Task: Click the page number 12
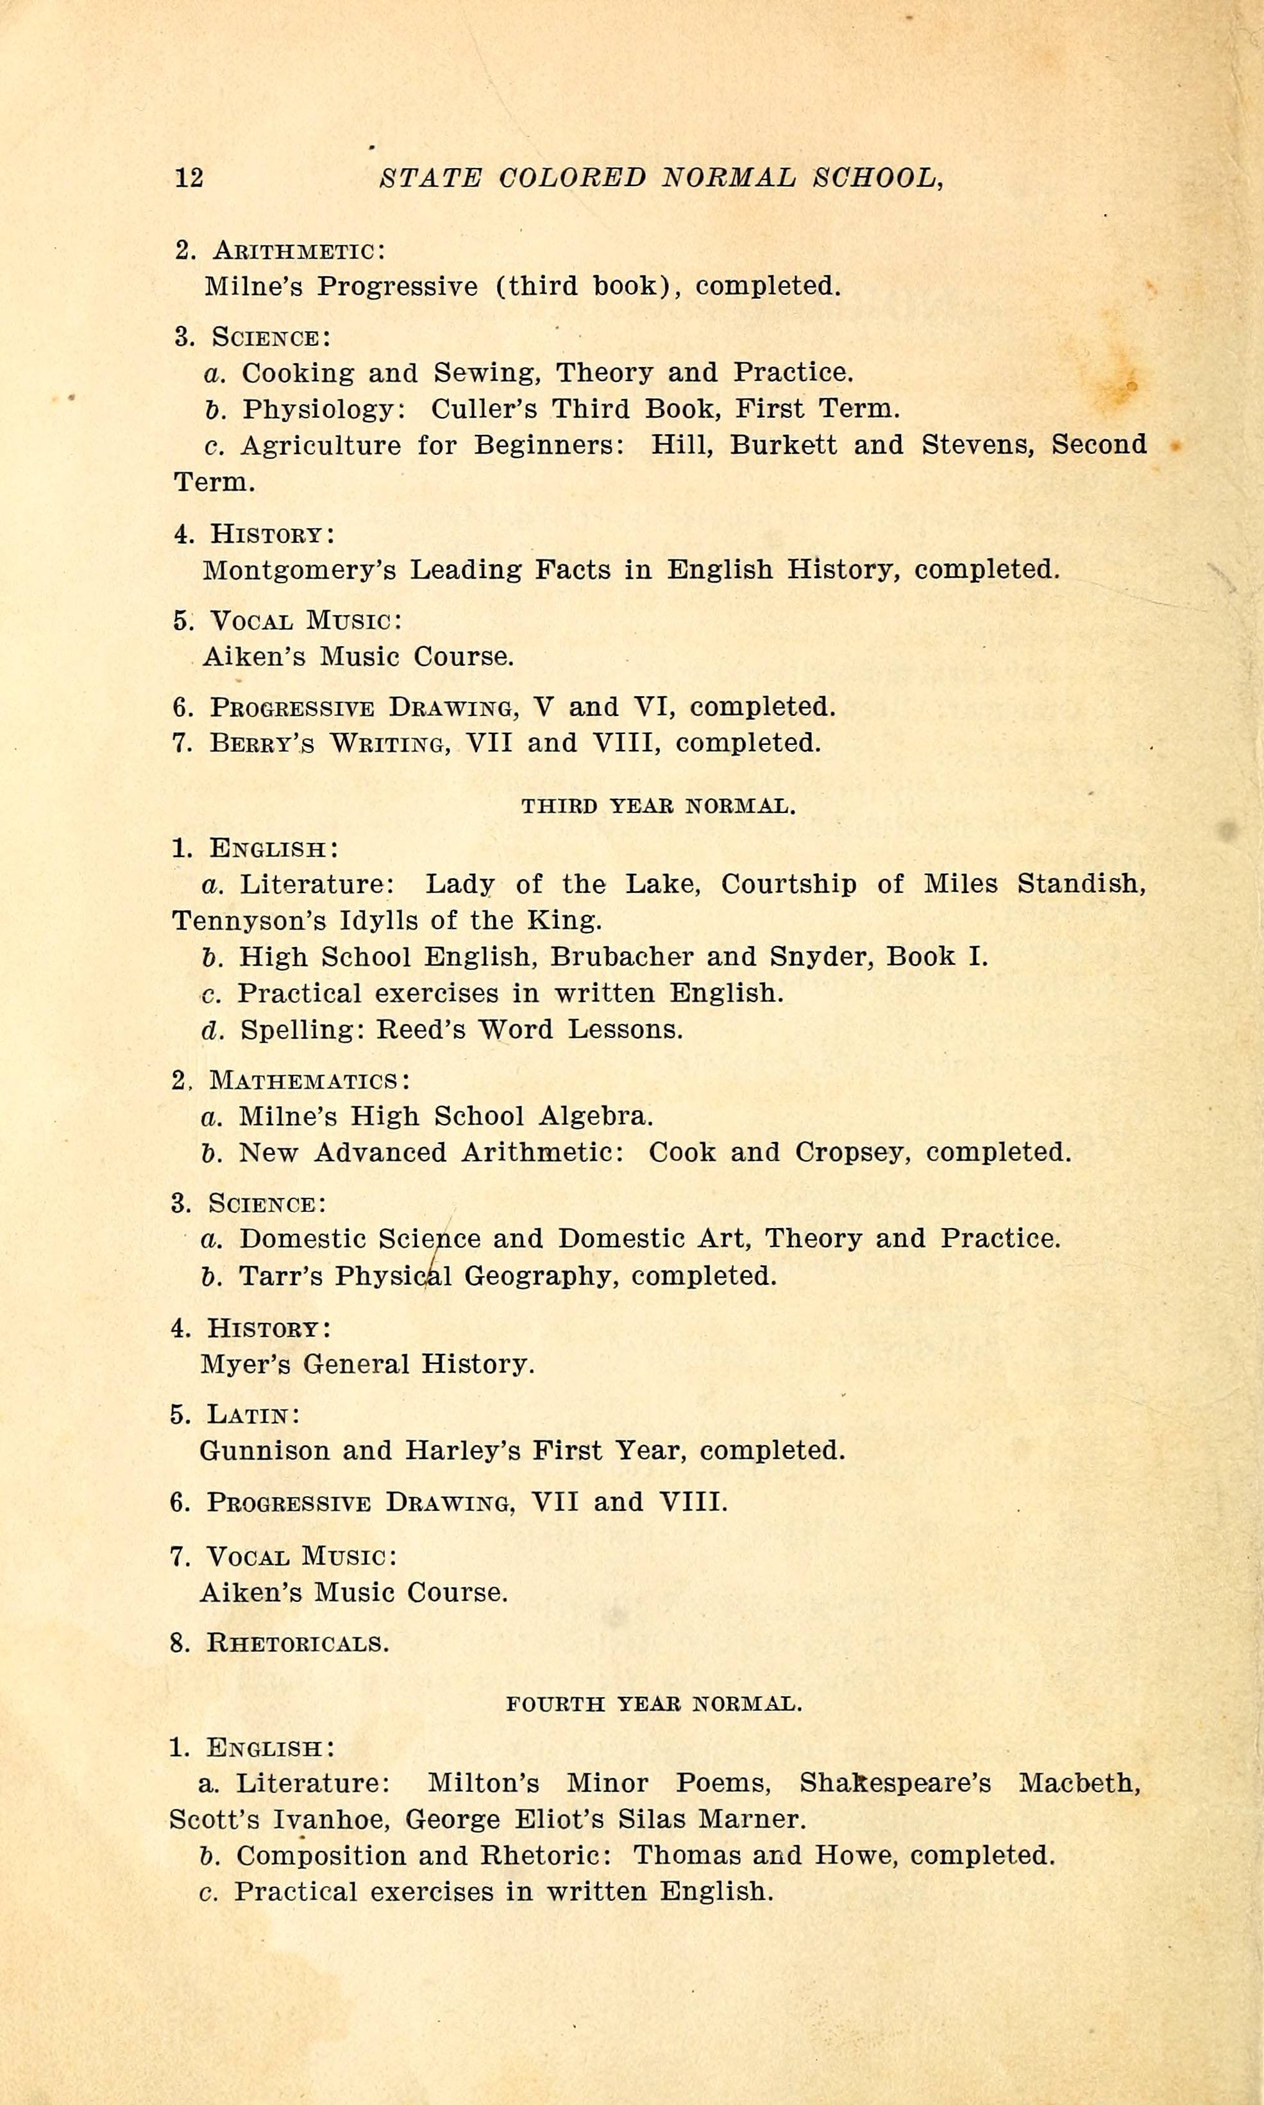click(x=189, y=177)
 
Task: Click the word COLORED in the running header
click(x=573, y=177)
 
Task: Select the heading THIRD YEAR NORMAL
click(x=659, y=806)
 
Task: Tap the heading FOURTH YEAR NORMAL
click(x=653, y=1704)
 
